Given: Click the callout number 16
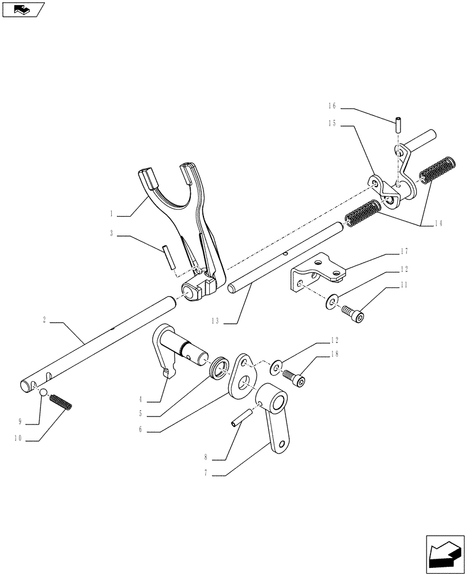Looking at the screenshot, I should click(x=332, y=107).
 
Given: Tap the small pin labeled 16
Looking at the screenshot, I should click(x=398, y=124).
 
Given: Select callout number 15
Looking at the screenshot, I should click(x=332, y=123).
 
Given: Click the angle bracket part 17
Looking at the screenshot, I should click(x=314, y=272).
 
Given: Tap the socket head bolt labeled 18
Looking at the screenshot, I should click(x=293, y=377).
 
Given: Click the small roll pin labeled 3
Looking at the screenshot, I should click(x=169, y=256).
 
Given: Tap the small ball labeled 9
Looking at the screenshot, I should click(x=43, y=393).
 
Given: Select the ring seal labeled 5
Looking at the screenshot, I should click(x=220, y=368).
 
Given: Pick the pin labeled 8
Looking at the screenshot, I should click(x=241, y=418).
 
